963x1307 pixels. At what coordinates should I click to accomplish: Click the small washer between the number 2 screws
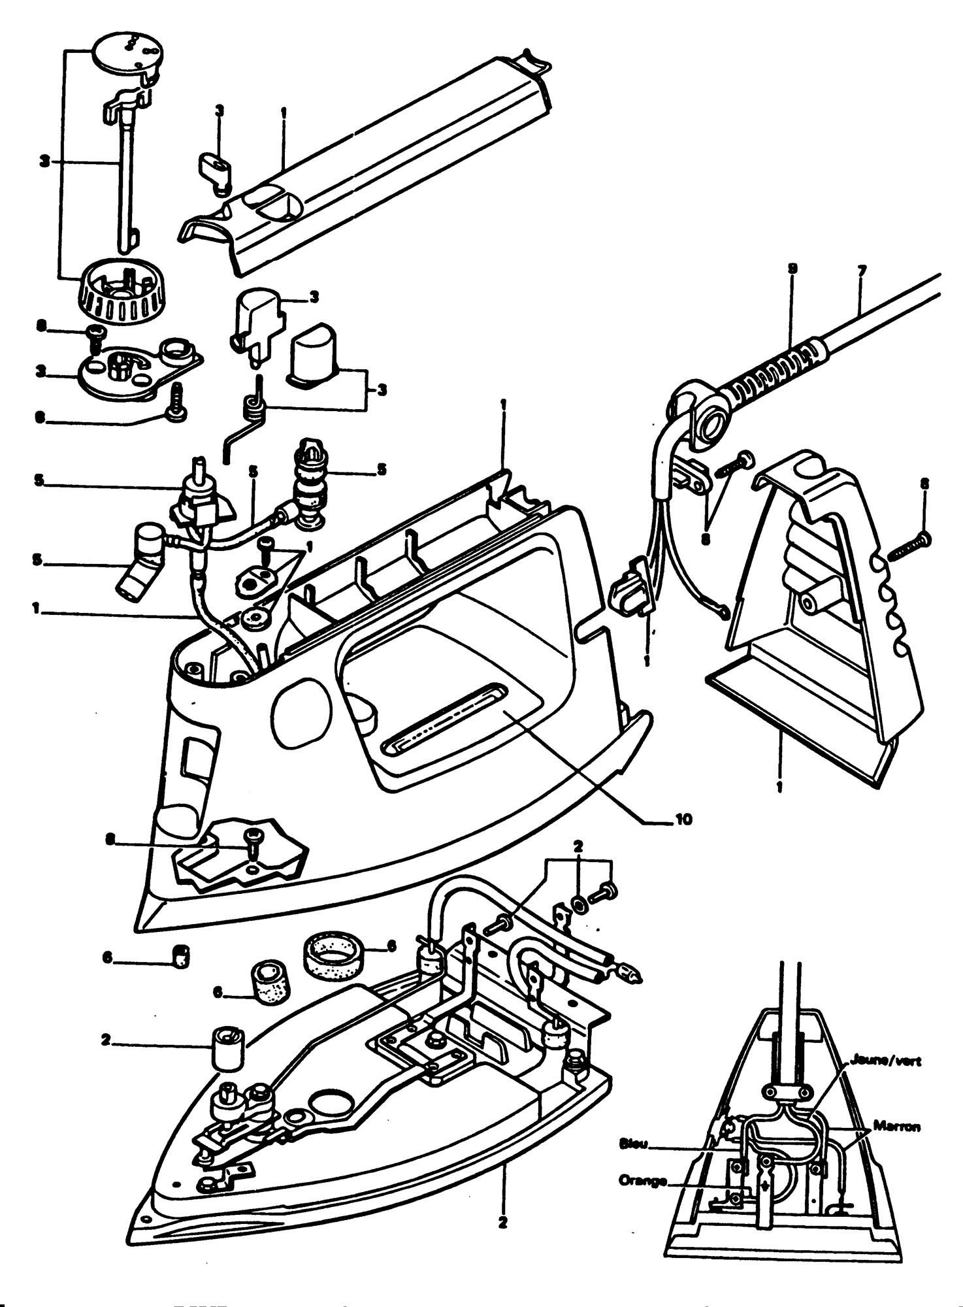pos(579,903)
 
